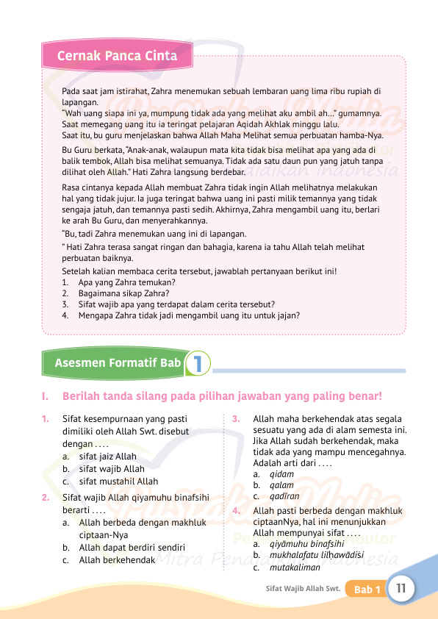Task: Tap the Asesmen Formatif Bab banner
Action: click(118, 362)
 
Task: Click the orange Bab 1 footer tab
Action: click(367, 590)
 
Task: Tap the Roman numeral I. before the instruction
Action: click(46, 397)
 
